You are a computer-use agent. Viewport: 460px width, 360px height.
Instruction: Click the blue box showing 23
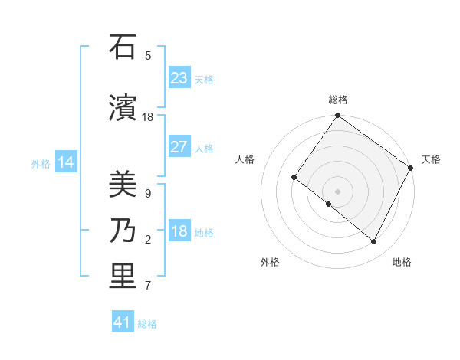pyautogui.click(x=179, y=78)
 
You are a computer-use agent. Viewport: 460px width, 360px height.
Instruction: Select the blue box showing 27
pyautogui.click(x=179, y=147)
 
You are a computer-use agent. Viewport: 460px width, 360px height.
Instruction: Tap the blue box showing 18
pyautogui.click(x=179, y=231)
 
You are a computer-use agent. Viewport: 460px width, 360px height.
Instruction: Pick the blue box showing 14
pyautogui.click(x=66, y=162)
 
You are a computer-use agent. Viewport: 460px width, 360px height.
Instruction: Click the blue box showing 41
pyautogui.click(x=123, y=322)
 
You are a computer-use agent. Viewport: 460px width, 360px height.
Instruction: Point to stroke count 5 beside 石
pyautogui.click(x=148, y=56)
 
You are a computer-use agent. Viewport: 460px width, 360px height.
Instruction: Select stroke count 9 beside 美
pyautogui.click(x=147, y=194)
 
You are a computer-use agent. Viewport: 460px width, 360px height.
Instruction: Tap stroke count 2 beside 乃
pyautogui.click(x=148, y=241)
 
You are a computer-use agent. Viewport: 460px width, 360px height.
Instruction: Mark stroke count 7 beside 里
pyautogui.click(x=148, y=286)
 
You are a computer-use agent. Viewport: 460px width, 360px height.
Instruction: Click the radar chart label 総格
pyautogui.click(x=337, y=100)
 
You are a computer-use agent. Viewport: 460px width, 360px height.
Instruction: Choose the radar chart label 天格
pyautogui.click(x=431, y=159)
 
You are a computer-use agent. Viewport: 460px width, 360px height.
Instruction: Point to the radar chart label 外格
pyautogui.click(x=270, y=262)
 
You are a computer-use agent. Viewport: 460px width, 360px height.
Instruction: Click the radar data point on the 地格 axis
pyautogui.click(x=374, y=242)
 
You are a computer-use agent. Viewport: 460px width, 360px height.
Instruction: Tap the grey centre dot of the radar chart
pyautogui.click(x=337, y=191)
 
